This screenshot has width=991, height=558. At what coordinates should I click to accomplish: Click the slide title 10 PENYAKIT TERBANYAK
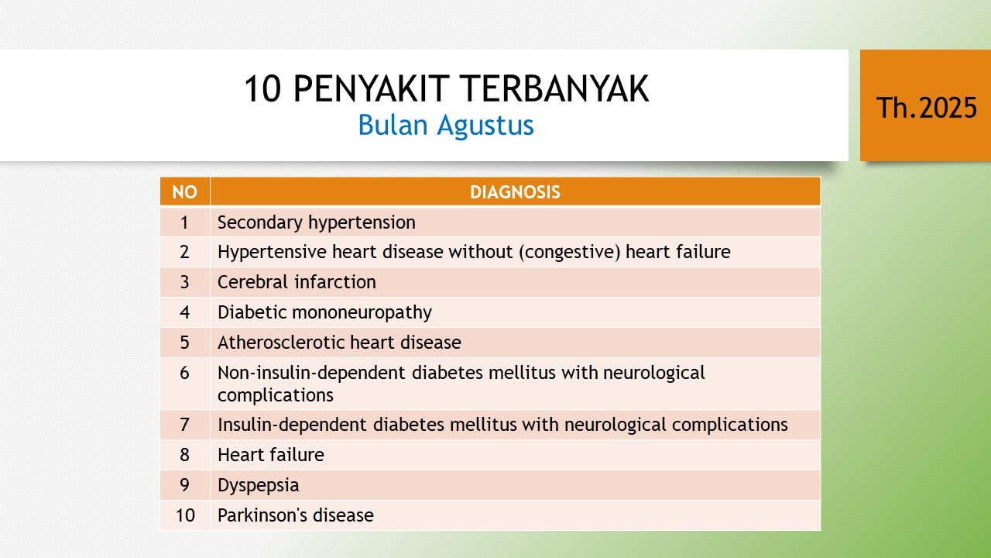click(x=447, y=89)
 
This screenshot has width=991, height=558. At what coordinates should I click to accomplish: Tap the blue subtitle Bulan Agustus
click(x=446, y=126)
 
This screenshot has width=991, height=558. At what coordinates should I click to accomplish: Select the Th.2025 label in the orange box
click(x=927, y=108)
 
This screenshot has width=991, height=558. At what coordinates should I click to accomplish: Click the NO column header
click(x=184, y=192)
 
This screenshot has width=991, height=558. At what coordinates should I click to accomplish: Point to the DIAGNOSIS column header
click(x=515, y=192)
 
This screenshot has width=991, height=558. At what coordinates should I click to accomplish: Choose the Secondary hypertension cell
click(x=317, y=222)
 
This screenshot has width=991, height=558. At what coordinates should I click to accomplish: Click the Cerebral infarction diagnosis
click(x=297, y=282)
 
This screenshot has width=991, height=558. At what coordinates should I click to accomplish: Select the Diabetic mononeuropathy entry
click(x=324, y=312)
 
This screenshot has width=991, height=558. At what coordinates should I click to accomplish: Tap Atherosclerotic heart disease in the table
click(x=339, y=343)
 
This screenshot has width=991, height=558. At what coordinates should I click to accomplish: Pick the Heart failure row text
click(x=271, y=455)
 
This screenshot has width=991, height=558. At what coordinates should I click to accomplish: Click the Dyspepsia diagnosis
click(x=259, y=485)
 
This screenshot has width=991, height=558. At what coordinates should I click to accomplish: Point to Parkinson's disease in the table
click(x=296, y=515)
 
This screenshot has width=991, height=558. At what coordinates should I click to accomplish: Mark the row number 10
click(x=185, y=515)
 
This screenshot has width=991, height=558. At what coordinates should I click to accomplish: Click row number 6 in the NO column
click(x=184, y=373)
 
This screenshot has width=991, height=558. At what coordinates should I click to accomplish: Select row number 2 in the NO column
click(x=184, y=252)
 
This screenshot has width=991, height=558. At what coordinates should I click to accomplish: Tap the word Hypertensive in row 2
click(x=272, y=253)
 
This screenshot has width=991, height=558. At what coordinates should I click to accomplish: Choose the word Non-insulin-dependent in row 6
click(x=311, y=374)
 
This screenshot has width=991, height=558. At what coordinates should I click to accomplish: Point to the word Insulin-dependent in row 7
click(x=292, y=425)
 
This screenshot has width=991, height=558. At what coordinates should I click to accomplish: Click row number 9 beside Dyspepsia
click(x=184, y=485)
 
